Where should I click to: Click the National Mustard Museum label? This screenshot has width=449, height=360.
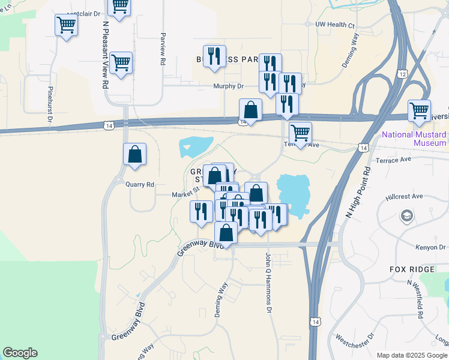(x=414, y=139)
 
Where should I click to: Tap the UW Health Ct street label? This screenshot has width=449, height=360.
(x=335, y=25)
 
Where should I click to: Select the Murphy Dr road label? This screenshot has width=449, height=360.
(x=228, y=86)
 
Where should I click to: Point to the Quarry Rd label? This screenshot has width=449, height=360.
(x=140, y=185)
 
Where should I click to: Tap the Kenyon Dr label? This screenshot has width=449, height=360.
(x=430, y=247)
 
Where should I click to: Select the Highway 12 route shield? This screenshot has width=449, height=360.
(x=402, y=73)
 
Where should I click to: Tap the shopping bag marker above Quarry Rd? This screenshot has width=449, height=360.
(x=135, y=154)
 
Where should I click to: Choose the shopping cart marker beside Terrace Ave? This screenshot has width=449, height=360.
(x=300, y=133)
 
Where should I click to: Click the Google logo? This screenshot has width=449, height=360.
(x=20, y=353)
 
